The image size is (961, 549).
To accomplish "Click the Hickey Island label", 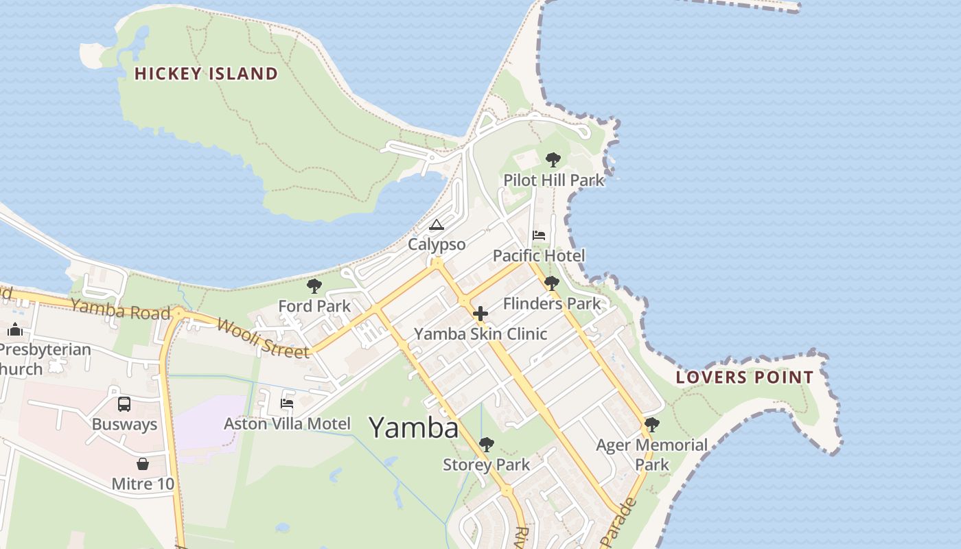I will pyautogui.click(x=206, y=73).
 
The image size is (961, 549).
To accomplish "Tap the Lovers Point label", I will pyautogui.click(x=745, y=377).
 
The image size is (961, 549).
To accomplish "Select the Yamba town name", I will pyautogui.click(x=414, y=428).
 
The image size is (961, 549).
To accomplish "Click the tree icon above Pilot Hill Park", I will pyautogui.click(x=553, y=160).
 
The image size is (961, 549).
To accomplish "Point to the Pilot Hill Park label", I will pyautogui.click(x=554, y=180).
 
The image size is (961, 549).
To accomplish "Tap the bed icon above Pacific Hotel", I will pyautogui.click(x=539, y=235).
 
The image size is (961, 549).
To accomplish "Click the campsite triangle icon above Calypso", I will pyautogui.click(x=437, y=224).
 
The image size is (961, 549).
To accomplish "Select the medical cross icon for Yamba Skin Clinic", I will pyautogui.click(x=480, y=314).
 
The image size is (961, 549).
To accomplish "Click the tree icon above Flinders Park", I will pyautogui.click(x=551, y=283).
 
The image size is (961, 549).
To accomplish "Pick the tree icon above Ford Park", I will pyautogui.click(x=314, y=286).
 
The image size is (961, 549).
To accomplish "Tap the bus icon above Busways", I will pyautogui.click(x=124, y=404).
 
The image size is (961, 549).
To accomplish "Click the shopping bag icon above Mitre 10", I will pyautogui.click(x=143, y=464).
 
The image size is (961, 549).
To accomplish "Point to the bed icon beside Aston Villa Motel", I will pyautogui.click(x=287, y=404).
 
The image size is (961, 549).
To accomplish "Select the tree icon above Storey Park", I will pyautogui.click(x=487, y=445).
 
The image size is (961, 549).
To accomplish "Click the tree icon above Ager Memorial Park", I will pyautogui.click(x=652, y=425).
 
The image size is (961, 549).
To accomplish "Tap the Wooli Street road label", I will pyautogui.click(x=263, y=338).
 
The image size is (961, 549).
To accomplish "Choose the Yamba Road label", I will pyautogui.click(x=120, y=309).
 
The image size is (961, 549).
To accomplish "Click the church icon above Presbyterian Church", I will pyautogui.click(x=15, y=329).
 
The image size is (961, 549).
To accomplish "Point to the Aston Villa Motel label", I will pyautogui.click(x=287, y=423).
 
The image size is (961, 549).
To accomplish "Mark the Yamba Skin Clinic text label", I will pyautogui.click(x=480, y=334).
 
